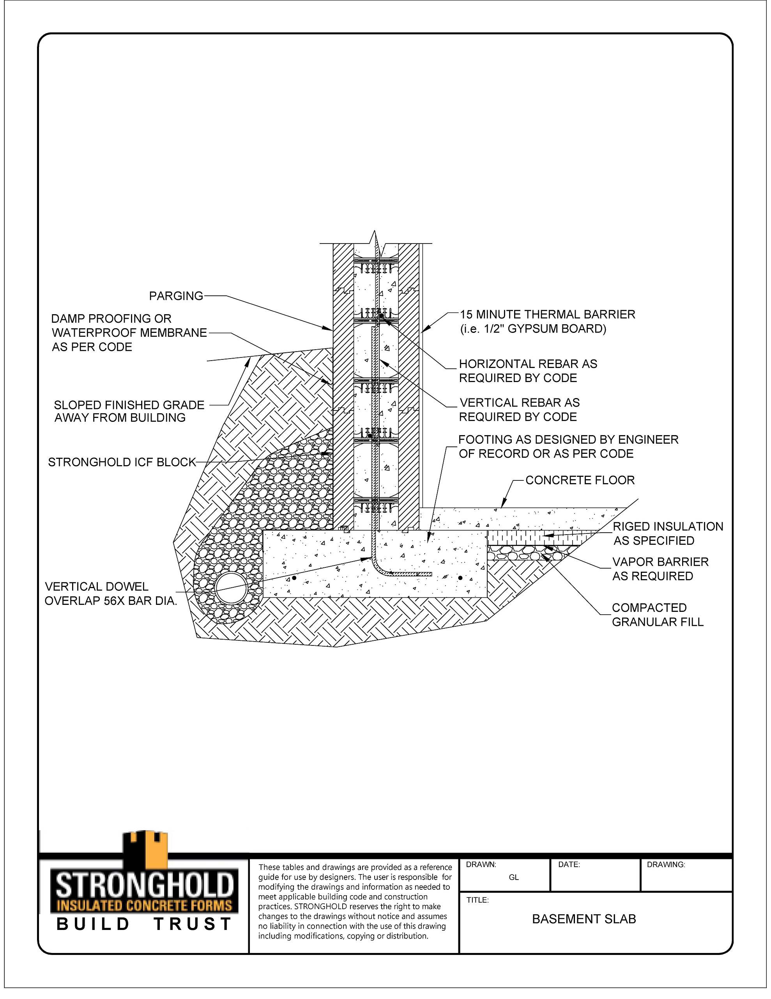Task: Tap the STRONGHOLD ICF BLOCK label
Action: pos(122,462)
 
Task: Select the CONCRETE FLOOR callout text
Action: pos(580,480)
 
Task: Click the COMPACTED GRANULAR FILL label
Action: pos(657,615)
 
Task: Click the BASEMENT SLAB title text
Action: pos(584,919)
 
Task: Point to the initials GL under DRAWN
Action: pos(514,877)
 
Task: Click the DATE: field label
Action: pos(569,864)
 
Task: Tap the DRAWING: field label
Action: pos(665,864)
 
